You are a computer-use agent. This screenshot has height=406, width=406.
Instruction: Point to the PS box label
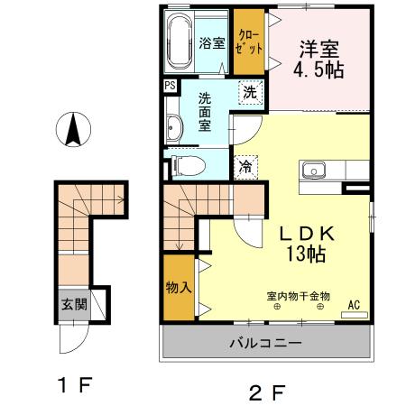coord(170,86)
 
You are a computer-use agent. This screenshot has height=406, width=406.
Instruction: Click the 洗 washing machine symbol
coord(250,91)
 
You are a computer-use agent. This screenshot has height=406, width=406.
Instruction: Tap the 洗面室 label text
coord(207,112)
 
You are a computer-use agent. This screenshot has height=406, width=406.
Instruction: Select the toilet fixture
coord(187,165)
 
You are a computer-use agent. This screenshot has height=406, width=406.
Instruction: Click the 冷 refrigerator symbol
coord(245,166)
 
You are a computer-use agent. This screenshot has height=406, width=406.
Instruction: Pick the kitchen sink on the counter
coord(315,169)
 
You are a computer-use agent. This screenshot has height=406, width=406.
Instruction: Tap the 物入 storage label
coord(178,288)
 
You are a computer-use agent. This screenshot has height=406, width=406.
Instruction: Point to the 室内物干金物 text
coord(299,295)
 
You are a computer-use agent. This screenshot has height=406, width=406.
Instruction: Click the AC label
coord(354,306)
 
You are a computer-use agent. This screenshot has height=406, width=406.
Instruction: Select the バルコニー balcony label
coord(264,343)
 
